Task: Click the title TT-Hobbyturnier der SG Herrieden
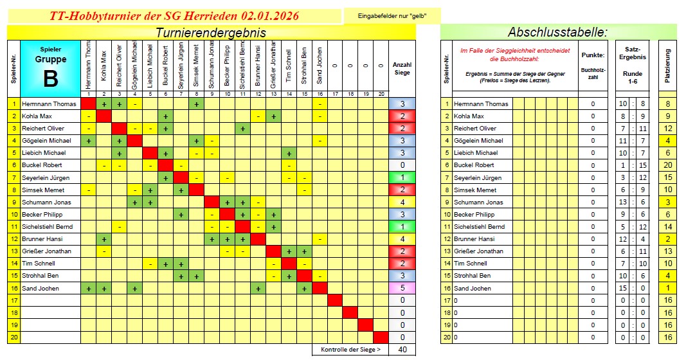(174, 16)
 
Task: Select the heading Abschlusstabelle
(557, 32)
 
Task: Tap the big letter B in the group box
(50, 78)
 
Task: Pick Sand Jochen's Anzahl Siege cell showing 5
(402, 288)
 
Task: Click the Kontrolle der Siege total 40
(402, 350)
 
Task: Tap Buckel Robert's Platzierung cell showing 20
(669, 165)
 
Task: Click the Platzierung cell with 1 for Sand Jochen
(669, 288)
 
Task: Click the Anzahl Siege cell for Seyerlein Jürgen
(402, 177)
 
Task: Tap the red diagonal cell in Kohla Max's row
(104, 116)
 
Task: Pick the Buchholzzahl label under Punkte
(592, 71)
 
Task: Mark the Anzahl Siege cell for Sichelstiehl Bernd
(402, 227)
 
